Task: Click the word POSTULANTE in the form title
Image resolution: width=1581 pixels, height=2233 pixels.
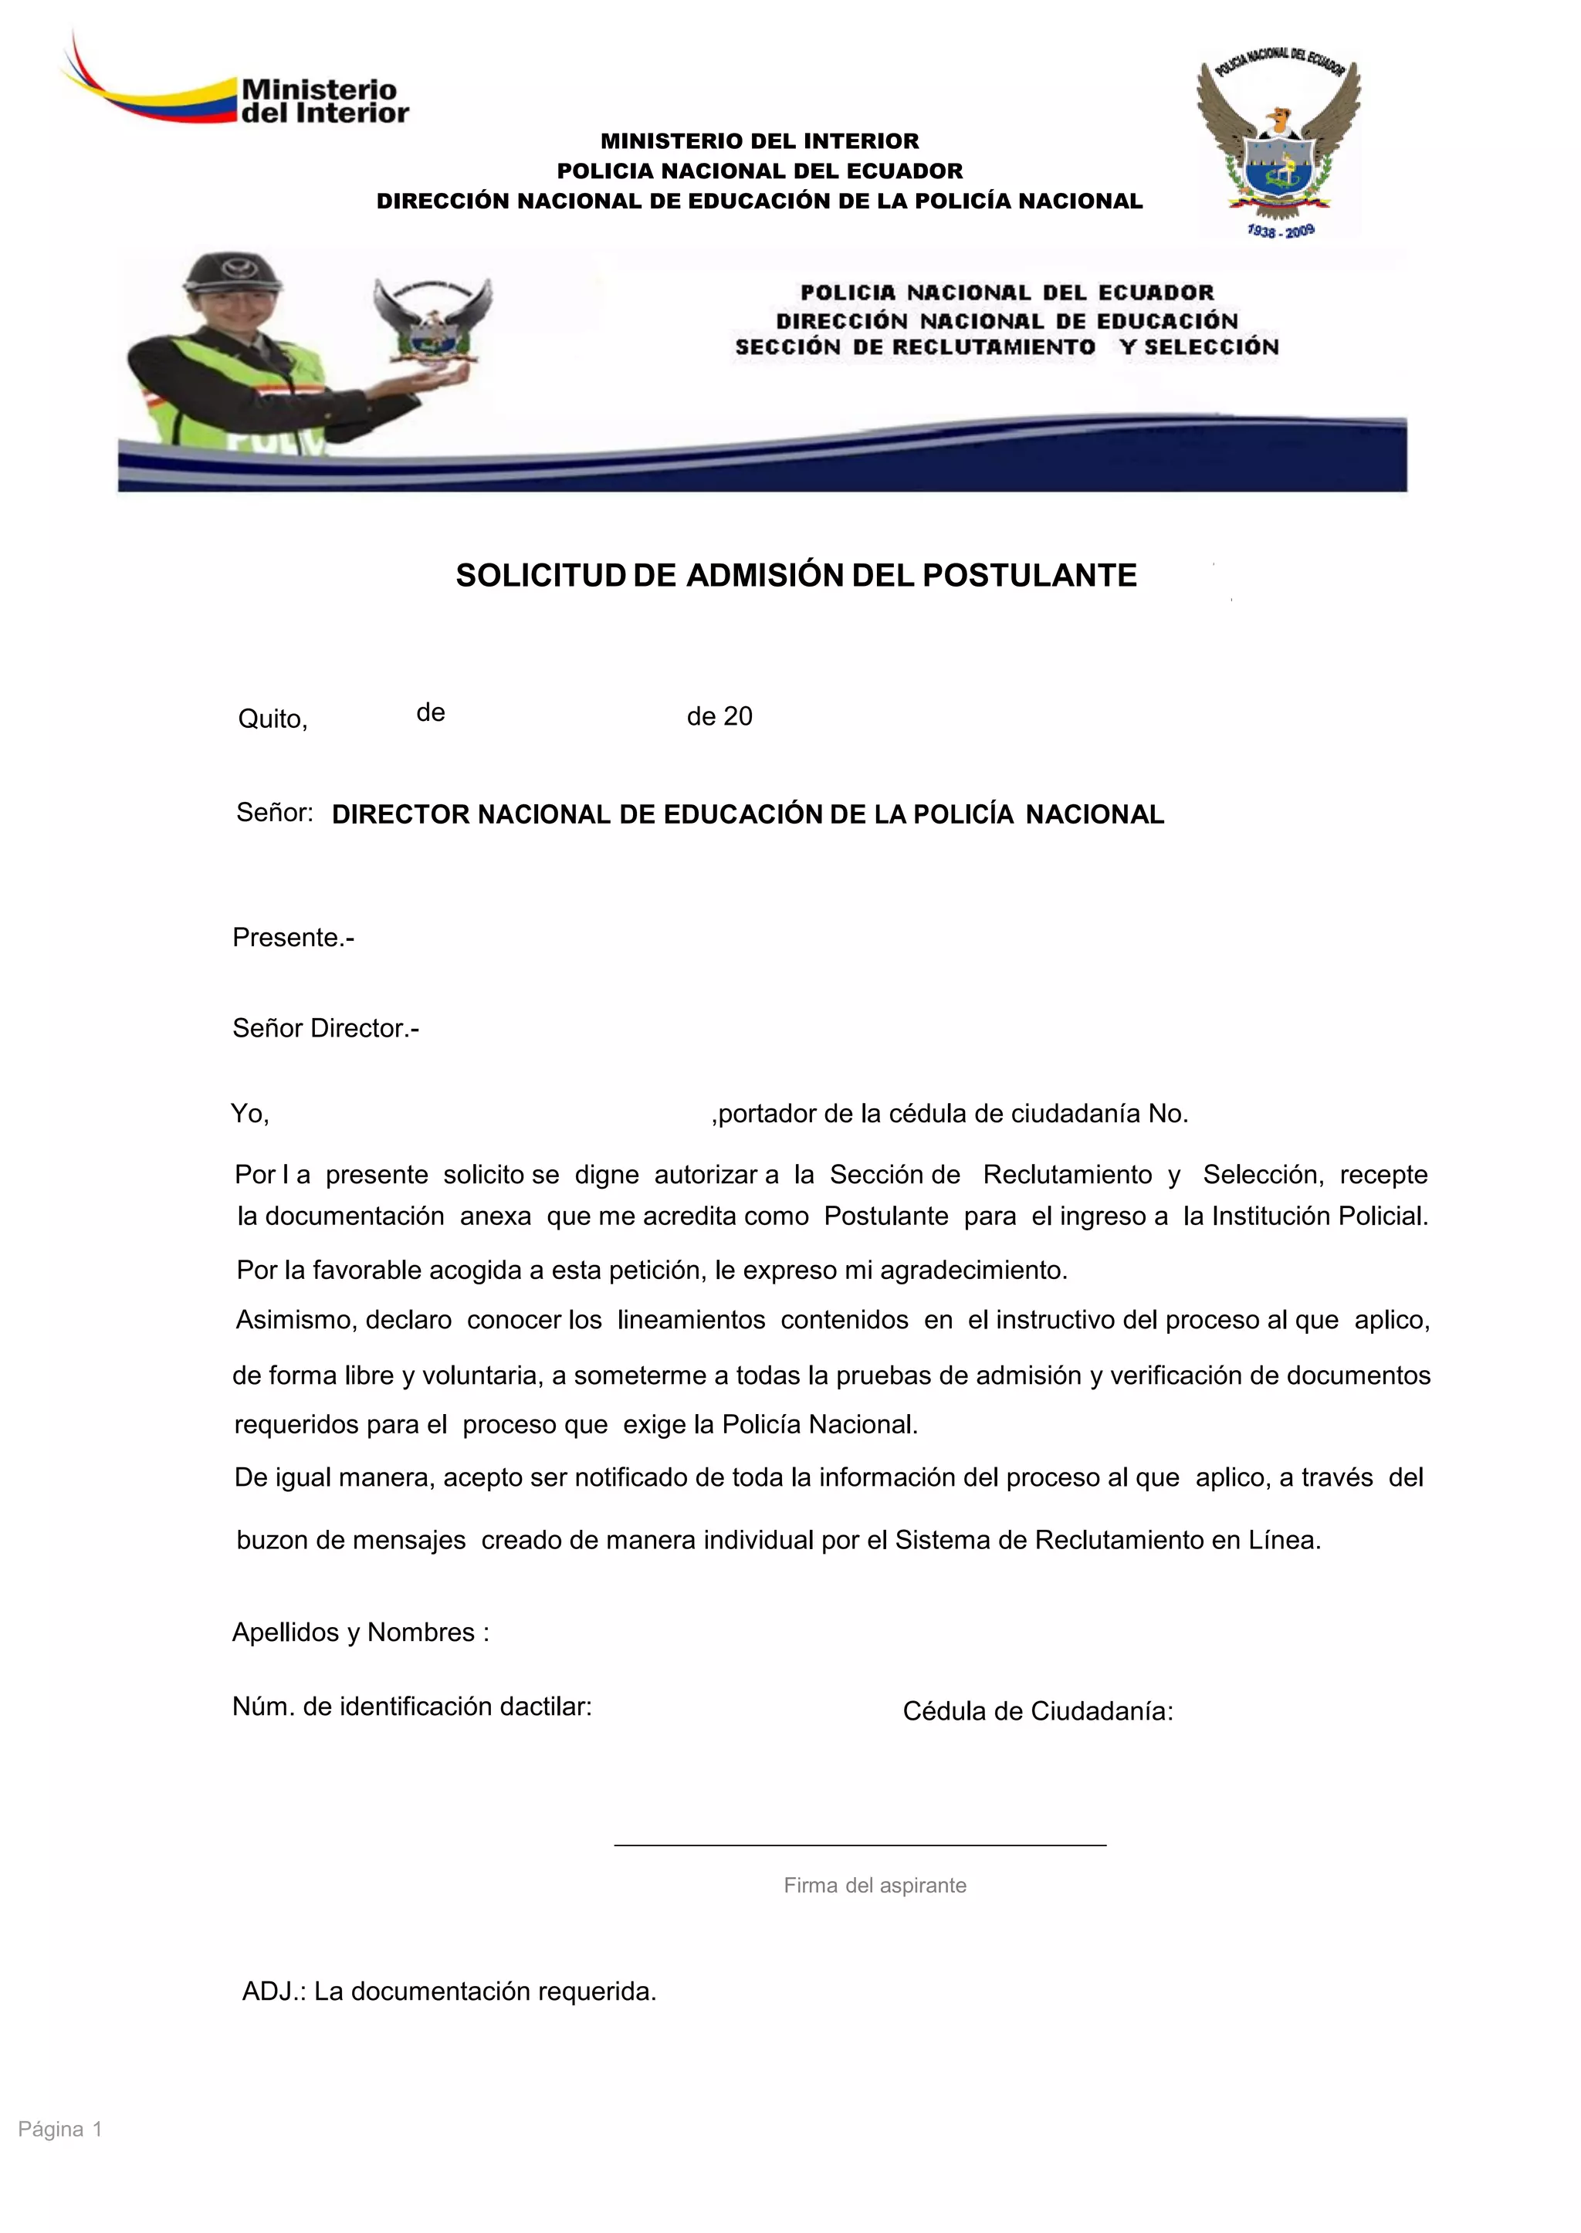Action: [x=1029, y=575]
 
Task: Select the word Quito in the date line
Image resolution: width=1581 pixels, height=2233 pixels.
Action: [x=272, y=719]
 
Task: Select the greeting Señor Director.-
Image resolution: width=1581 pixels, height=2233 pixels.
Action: [x=325, y=1028]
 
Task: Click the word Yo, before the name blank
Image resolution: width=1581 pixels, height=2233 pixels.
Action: [x=249, y=1114]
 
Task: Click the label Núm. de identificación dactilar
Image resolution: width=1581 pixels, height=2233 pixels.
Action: [x=411, y=1707]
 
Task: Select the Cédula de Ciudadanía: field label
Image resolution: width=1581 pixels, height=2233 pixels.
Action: [x=1038, y=1711]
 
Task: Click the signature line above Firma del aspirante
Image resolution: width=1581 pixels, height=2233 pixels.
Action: [x=860, y=1844]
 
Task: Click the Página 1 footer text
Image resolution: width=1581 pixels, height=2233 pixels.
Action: [x=60, y=2129]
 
